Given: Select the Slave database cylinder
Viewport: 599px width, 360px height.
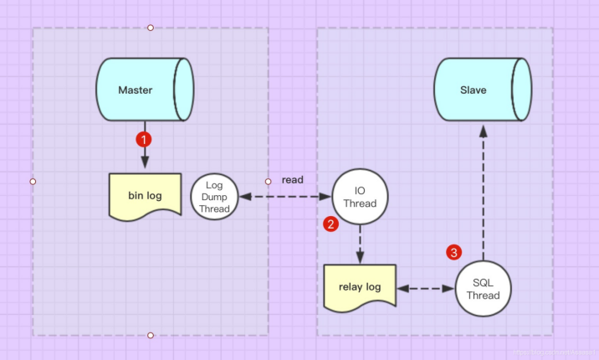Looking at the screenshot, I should point(482,90).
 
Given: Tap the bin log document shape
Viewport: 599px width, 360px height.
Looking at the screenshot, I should point(146,196).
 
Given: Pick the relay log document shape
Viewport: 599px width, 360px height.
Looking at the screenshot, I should point(361,287).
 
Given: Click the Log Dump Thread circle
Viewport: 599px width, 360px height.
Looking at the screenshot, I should point(214,198).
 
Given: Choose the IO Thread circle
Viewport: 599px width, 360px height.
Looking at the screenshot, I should point(360,198).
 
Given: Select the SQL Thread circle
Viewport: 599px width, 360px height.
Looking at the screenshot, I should point(483,289).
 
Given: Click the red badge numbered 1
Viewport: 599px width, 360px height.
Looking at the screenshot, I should point(145,138).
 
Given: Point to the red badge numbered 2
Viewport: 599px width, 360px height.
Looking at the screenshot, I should point(331,224).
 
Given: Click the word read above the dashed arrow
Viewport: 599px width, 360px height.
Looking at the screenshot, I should point(292,180).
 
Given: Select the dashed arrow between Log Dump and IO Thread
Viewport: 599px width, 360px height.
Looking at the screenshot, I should point(285,198).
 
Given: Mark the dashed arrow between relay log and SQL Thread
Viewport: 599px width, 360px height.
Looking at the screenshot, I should point(426,289).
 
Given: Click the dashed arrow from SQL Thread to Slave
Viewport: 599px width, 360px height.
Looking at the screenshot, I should point(483,193).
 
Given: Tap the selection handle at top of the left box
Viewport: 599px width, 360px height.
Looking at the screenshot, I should point(151,28).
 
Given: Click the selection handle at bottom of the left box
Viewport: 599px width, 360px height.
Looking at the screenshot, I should point(151,335).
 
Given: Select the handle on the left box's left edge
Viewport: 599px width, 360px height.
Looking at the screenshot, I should point(33,181).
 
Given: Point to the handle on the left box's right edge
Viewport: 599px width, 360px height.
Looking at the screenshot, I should point(269,181).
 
